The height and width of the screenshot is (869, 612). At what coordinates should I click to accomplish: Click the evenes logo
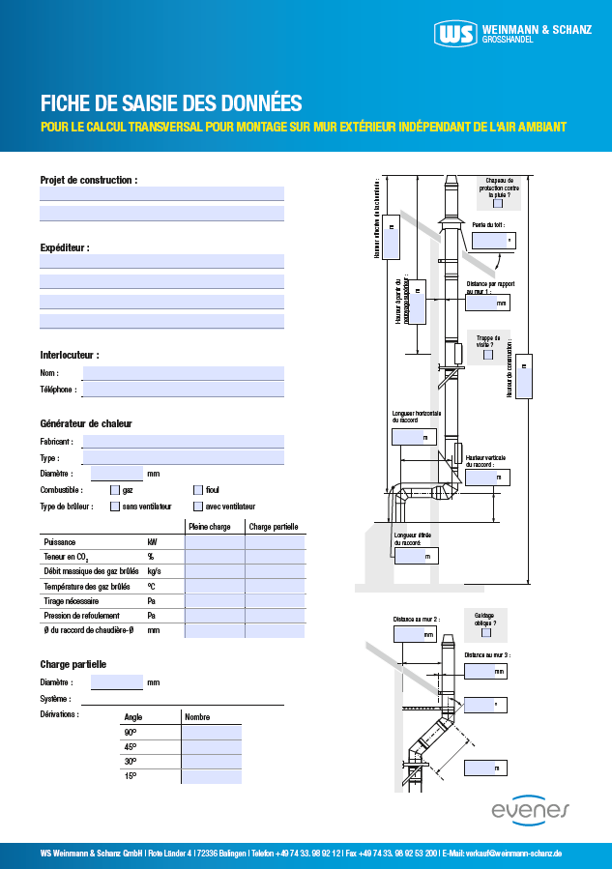point(531,809)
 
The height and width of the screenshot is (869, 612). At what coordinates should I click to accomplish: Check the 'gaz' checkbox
point(115,490)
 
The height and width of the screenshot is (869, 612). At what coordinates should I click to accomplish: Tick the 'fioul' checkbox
point(198,490)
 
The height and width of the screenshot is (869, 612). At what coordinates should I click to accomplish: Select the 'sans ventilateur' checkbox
point(115,506)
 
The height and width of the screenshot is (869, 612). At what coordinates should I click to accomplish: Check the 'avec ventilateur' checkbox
point(198,506)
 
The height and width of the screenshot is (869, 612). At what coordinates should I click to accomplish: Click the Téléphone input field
point(183,389)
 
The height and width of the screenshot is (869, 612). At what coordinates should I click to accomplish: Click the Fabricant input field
point(183,441)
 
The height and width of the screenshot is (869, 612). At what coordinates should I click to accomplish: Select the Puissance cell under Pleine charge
point(214,542)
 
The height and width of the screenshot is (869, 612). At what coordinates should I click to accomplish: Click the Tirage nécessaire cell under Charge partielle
point(275,600)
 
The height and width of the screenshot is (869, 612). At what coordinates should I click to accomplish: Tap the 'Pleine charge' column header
point(209,527)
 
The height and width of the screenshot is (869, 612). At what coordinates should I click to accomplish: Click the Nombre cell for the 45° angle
point(211,747)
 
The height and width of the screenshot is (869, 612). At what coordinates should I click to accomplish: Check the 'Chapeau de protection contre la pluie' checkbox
point(498,203)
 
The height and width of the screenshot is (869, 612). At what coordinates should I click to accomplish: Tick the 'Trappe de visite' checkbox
point(488,355)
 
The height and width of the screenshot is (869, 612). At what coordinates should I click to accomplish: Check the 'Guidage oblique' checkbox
point(485,633)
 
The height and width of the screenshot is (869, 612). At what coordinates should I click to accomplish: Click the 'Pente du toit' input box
point(492,240)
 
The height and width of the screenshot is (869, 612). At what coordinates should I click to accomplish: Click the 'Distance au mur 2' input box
point(415,634)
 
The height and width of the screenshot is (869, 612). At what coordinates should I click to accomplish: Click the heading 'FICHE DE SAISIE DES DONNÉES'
point(171,102)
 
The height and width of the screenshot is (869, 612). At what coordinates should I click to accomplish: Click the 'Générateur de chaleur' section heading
point(86,423)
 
